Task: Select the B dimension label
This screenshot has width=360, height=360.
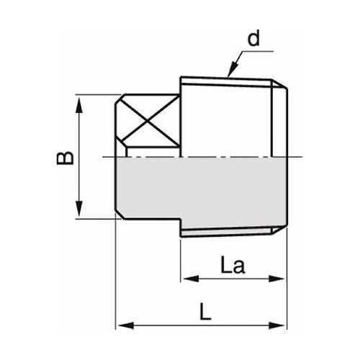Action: tap(66, 157)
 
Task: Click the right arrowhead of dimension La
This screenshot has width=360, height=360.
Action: tap(281, 278)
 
